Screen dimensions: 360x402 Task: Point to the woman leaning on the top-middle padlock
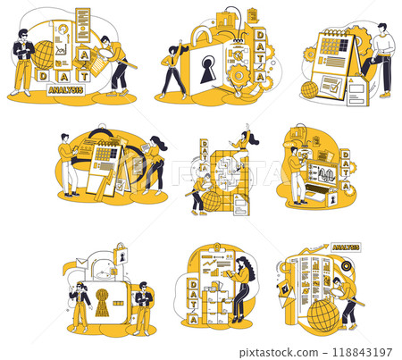[172, 67]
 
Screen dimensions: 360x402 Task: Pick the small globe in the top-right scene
[309, 89]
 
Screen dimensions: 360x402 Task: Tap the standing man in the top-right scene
[381, 58]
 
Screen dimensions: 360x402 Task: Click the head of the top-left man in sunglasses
[24, 36]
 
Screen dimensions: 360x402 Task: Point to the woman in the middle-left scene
[155, 161]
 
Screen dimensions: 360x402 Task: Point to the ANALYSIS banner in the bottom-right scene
[344, 247]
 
